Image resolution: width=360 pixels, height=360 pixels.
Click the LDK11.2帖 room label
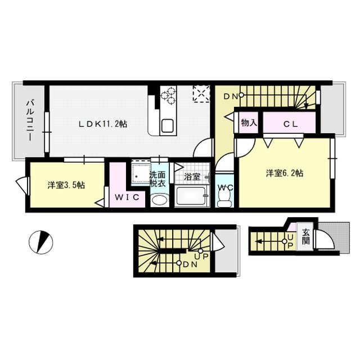click(102, 124)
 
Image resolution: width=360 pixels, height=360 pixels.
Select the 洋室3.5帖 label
click(66, 184)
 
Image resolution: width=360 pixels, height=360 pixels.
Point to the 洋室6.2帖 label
click(285, 173)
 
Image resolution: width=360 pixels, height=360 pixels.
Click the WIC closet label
click(128, 197)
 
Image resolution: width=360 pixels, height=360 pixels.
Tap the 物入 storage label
click(249, 122)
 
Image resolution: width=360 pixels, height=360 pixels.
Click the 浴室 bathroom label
click(192, 177)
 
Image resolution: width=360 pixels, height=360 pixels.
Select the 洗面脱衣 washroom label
click(157, 179)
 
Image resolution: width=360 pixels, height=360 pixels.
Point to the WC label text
click(226, 187)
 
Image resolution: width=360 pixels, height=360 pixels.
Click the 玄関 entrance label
click(305, 236)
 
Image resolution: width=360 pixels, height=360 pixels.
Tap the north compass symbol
click(40, 242)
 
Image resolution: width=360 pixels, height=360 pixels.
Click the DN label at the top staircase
click(231, 96)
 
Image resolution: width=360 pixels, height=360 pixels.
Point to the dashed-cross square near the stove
click(201, 93)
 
